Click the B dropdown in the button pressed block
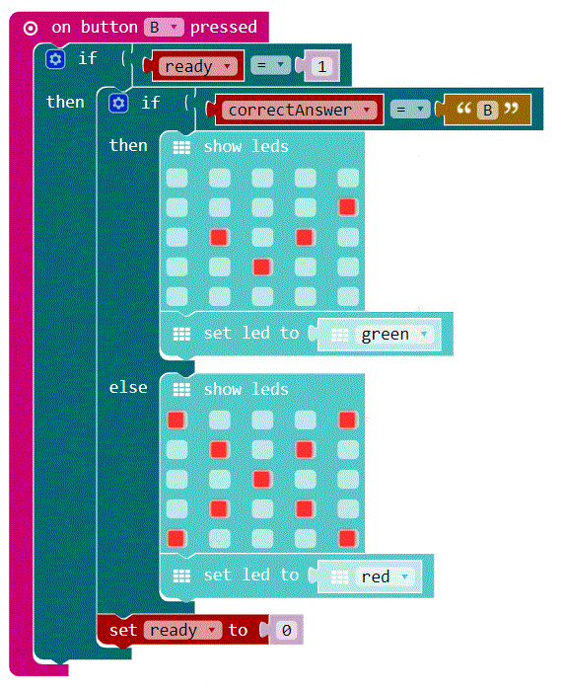pyautogui.click(x=164, y=28)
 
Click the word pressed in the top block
pyautogui.click(x=224, y=28)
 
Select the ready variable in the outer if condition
pyautogui.click(x=197, y=66)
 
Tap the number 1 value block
pyautogui.click(x=322, y=66)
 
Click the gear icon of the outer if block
pyautogui.click(x=55, y=59)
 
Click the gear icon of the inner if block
pyautogui.click(x=118, y=103)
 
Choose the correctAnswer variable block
pyautogui.click(x=300, y=110)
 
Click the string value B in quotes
pyautogui.click(x=487, y=110)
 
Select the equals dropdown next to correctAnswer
pyautogui.click(x=410, y=110)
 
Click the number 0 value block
pyautogui.click(x=287, y=630)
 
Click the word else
pyautogui.click(x=128, y=387)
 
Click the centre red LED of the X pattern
pyautogui.click(x=262, y=480)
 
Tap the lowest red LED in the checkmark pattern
pyautogui.click(x=262, y=268)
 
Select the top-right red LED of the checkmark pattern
pyautogui.click(x=347, y=207)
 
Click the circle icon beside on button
pyautogui.click(x=31, y=29)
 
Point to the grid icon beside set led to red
pyautogui.click(x=181, y=576)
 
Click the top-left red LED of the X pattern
pyautogui.click(x=176, y=420)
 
